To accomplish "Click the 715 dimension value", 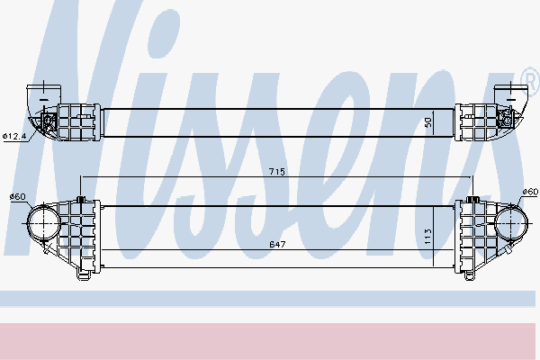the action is (x=277, y=171).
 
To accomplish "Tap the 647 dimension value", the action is (x=277, y=244).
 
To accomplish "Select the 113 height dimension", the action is (x=427, y=237).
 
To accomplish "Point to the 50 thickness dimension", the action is (x=427, y=122).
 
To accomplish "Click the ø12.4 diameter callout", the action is (x=14, y=136).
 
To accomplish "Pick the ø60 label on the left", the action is (x=18, y=196).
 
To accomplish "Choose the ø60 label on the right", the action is (x=530, y=192).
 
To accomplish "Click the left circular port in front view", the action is (x=44, y=223).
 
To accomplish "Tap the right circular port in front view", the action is (x=510, y=223).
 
